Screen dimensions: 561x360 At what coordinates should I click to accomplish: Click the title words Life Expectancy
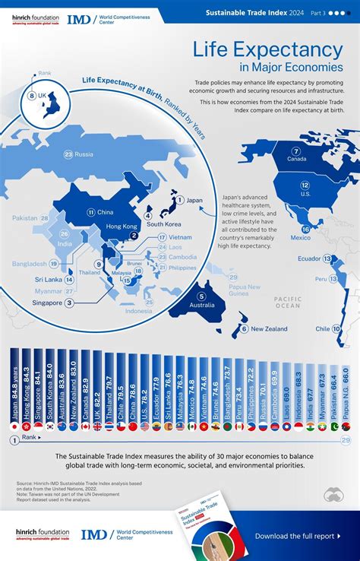coord(267,50)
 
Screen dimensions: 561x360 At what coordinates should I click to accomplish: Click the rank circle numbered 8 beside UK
coord(32,95)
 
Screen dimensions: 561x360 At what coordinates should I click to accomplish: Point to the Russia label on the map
coord(84,155)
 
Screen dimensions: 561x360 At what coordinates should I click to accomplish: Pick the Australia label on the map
coord(201,306)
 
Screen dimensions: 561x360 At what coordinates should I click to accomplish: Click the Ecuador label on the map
coord(310,259)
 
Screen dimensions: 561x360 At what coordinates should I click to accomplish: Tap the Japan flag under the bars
coord(15,427)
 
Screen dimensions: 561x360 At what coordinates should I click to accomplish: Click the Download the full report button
coord(297,536)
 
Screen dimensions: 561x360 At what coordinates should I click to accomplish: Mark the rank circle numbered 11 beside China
coord(90,192)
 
